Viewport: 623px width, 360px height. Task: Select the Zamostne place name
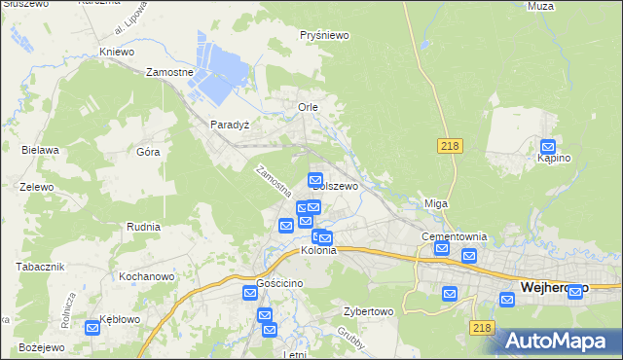(170, 72)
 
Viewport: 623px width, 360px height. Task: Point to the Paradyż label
(231, 125)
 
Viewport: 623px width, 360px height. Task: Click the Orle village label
(308, 107)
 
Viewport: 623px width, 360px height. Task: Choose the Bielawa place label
(41, 150)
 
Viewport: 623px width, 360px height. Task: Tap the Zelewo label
(36, 185)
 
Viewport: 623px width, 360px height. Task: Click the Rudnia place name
(143, 226)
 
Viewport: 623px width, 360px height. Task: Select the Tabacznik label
(40, 267)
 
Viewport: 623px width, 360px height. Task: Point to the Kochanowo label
(146, 276)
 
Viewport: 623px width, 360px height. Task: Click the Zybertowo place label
(367, 312)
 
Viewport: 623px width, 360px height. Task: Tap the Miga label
(435, 203)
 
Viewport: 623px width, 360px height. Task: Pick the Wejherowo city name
(555, 288)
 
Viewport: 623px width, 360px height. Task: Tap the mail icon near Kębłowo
(92, 328)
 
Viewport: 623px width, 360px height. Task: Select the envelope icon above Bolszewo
(315, 179)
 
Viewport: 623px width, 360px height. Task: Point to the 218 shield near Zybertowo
(480, 329)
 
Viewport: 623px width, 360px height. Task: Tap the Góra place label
(148, 152)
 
